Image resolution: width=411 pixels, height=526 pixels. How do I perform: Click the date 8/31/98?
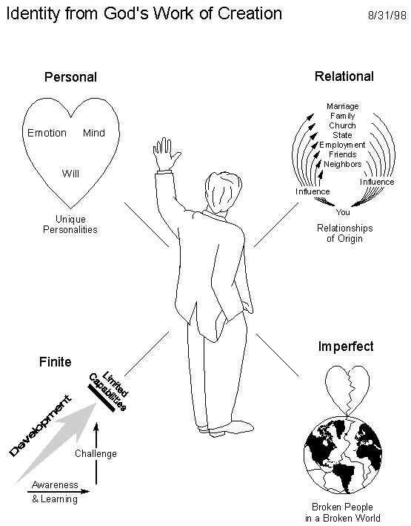click(387, 16)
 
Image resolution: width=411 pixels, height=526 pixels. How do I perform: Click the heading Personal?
click(70, 77)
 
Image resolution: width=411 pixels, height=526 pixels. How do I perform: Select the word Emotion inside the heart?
click(47, 133)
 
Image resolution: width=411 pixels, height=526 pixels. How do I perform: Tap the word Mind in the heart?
click(94, 133)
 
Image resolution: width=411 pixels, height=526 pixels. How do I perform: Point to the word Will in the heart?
click(70, 174)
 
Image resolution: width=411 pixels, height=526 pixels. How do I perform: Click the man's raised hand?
click(166, 154)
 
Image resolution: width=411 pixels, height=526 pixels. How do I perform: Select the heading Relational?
click(344, 76)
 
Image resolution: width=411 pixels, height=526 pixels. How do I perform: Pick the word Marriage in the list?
click(343, 106)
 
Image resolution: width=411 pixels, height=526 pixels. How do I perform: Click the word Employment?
click(342, 145)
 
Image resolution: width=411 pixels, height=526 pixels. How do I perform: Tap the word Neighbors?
click(343, 164)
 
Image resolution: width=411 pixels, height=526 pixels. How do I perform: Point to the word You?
click(343, 212)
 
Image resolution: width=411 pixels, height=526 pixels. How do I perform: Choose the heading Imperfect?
click(346, 346)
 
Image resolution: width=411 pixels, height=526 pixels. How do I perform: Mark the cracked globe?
click(343, 455)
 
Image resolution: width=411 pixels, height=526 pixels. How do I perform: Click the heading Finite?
click(56, 362)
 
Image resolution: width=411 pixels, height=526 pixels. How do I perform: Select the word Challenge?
click(96, 453)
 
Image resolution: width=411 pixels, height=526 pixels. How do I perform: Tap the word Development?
click(40, 426)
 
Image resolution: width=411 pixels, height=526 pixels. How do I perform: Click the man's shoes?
click(225, 428)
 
